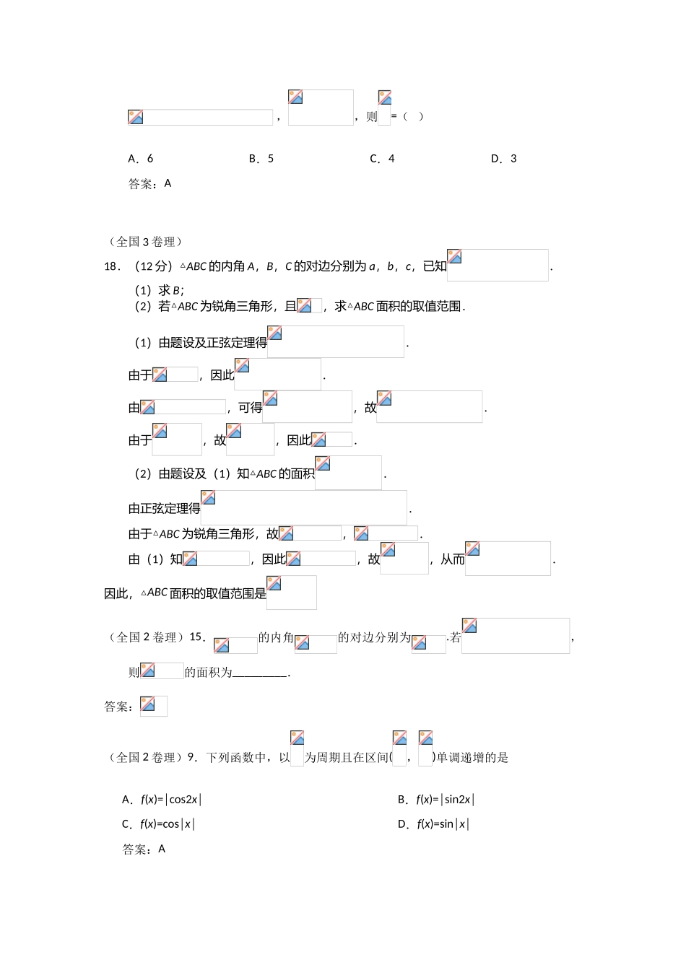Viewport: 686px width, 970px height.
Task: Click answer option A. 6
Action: (x=141, y=159)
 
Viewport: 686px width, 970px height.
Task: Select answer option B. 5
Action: (x=261, y=159)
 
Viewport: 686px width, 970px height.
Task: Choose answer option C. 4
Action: (x=382, y=159)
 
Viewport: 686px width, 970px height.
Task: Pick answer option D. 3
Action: (x=503, y=159)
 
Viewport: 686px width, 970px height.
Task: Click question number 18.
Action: (x=112, y=266)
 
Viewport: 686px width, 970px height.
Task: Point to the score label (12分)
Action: (x=154, y=266)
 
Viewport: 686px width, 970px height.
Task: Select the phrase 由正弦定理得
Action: (x=165, y=509)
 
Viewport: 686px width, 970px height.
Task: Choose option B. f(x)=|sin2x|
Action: (x=436, y=800)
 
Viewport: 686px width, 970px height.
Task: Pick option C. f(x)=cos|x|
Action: (x=158, y=824)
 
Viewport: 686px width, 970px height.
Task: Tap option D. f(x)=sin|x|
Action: (x=433, y=824)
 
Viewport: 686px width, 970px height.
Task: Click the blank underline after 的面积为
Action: (x=260, y=673)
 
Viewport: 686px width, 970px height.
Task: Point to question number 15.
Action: (x=197, y=637)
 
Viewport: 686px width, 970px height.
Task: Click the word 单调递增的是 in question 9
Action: (x=473, y=758)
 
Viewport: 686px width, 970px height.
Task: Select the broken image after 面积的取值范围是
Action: (x=292, y=593)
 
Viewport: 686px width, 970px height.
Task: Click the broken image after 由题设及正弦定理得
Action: (x=336, y=341)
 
